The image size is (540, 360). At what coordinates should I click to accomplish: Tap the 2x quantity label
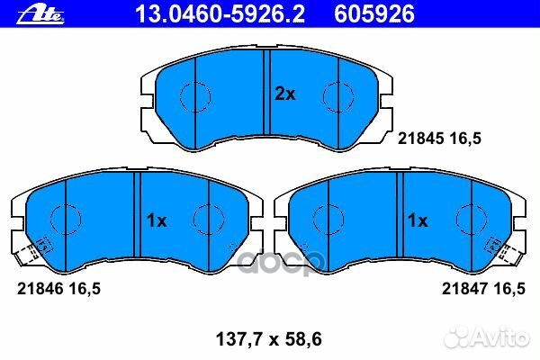click(284, 94)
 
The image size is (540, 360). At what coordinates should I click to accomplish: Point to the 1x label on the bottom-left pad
click(157, 220)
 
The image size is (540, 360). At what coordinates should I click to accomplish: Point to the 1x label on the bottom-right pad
click(418, 220)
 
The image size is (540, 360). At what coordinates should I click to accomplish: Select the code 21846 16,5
click(56, 288)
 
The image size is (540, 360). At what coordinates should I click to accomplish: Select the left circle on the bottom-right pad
click(326, 220)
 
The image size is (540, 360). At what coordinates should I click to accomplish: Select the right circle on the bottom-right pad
click(470, 220)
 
